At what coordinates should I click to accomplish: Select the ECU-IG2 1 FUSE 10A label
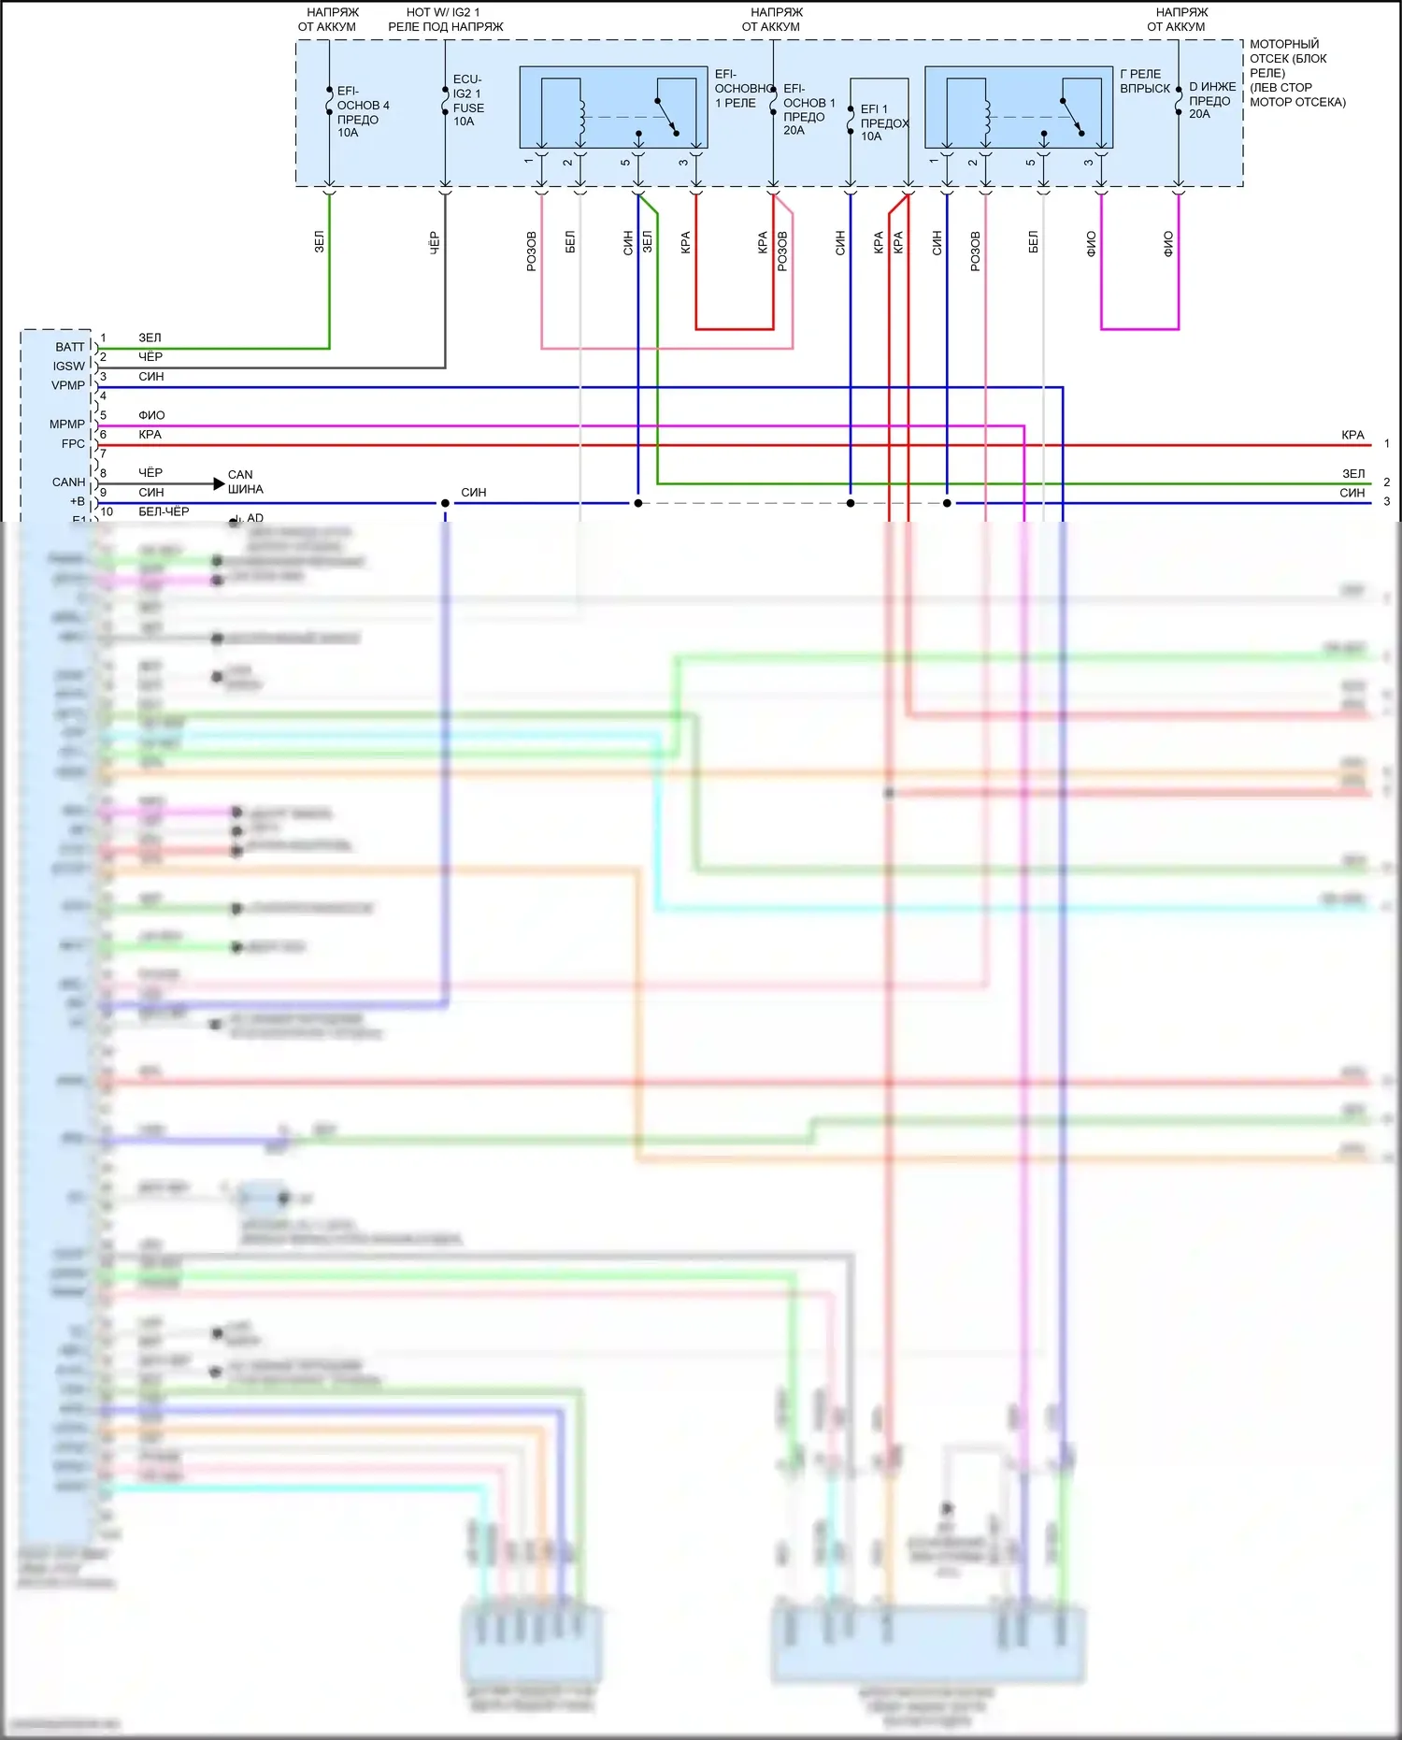(x=467, y=100)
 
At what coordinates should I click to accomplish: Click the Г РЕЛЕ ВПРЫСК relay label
(x=1144, y=81)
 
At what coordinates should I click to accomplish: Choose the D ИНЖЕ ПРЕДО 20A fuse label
(x=1211, y=100)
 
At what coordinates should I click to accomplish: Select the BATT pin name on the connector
(x=69, y=347)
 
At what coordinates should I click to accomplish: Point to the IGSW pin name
(x=68, y=367)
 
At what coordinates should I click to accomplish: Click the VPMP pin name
(x=67, y=385)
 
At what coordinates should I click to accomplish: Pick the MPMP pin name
(x=66, y=424)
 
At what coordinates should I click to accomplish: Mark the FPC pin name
(x=73, y=444)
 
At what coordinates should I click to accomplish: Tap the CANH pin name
(x=68, y=482)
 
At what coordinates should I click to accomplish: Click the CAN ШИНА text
(x=245, y=482)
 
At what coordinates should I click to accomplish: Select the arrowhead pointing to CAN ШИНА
(x=219, y=483)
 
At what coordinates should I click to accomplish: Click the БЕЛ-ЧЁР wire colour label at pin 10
(x=164, y=511)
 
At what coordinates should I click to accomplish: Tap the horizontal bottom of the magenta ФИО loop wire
(x=1139, y=329)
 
